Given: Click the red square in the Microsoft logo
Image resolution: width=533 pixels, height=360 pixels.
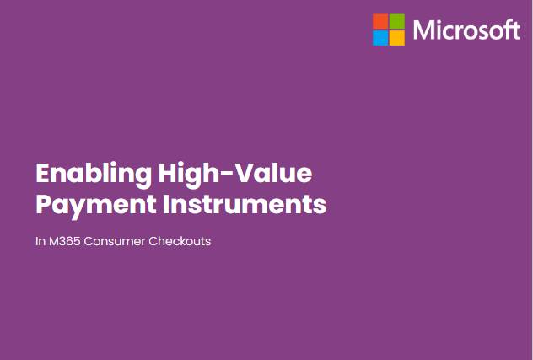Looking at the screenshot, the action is click(x=380, y=21).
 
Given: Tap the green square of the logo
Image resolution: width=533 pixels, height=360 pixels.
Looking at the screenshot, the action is click(x=397, y=21).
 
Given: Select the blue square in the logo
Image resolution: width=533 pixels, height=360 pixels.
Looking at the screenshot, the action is click(x=380, y=38).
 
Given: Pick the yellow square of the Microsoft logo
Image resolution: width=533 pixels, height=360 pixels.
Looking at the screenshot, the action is click(x=397, y=38).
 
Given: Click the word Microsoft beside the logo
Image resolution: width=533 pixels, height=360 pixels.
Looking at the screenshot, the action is click(x=466, y=30).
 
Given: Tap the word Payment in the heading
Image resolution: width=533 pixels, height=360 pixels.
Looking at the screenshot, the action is click(x=96, y=206).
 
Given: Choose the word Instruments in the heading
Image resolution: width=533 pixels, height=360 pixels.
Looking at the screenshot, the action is click(x=245, y=204).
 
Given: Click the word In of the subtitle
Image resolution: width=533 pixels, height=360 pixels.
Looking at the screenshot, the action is click(x=40, y=241).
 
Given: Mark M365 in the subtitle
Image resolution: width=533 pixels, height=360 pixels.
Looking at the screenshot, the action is click(x=65, y=241).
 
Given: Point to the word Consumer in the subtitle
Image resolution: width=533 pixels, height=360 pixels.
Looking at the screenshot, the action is click(x=115, y=241).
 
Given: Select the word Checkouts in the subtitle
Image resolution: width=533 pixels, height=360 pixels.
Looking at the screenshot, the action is click(x=180, y=241).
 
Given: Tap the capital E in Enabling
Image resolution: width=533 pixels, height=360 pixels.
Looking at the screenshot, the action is click(x=43, y=174).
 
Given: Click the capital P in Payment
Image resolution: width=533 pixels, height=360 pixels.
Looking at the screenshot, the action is click(x=44, y=204).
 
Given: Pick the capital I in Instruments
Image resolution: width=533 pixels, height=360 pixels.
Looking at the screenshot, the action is click(x=165, y=204).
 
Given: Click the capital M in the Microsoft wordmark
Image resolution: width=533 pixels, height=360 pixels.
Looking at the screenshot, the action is click(x=423, y=30).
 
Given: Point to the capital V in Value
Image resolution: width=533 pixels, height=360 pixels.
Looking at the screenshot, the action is click(x=245, y=174).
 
